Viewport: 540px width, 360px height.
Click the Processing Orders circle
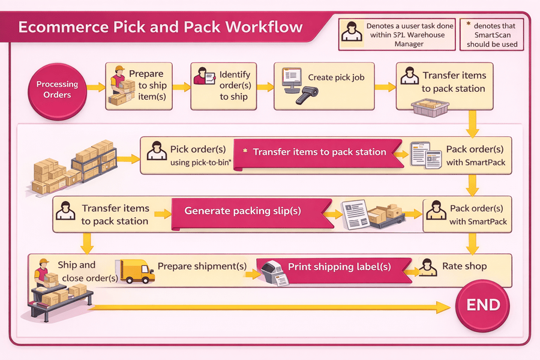click(x=57, y=89)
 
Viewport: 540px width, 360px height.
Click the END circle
click(x=483, y=304)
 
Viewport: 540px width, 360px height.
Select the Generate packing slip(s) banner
click(x=242, y=211)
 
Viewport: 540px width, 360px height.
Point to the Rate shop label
click(x=464, y=266)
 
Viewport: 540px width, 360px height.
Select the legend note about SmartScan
click(x=492, y=35)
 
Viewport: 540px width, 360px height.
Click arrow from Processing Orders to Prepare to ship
click(x=95, y=88)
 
